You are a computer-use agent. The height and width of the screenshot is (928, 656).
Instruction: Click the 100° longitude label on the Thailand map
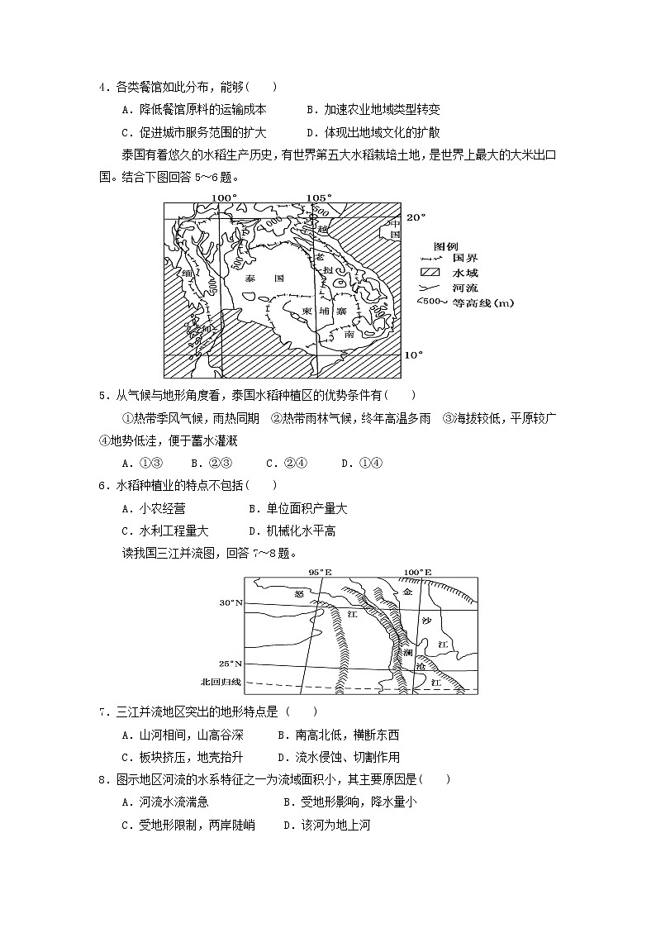223,197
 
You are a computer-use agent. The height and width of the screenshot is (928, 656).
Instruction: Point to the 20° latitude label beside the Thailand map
415,217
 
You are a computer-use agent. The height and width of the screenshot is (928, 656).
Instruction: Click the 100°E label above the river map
418,572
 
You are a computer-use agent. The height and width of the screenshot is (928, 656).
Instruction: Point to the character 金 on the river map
407,592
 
